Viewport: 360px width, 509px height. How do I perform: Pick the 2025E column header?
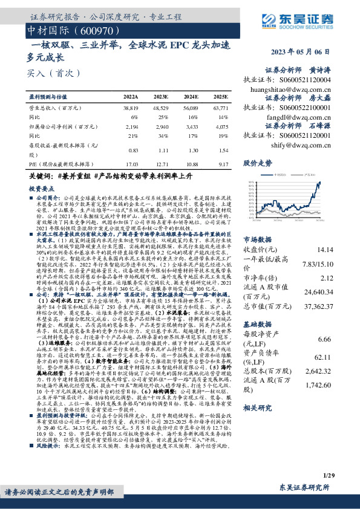point(221,96)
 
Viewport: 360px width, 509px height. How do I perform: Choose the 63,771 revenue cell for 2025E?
point(221,106)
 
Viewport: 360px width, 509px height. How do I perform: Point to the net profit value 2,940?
point(161,128)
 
